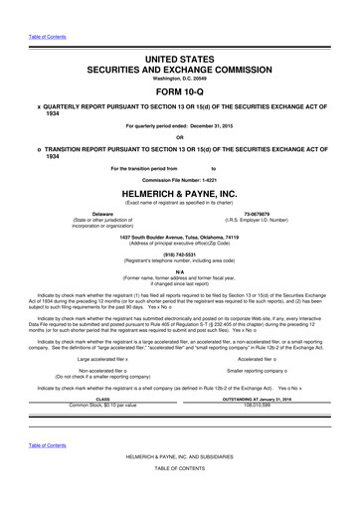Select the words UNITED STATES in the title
point(179,34)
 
